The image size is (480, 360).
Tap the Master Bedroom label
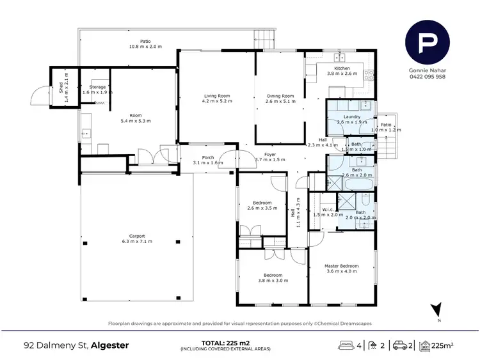340,266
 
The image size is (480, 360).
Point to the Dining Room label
280,96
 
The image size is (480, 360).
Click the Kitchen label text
342,68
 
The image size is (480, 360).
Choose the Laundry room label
351,117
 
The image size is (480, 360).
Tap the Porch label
208,158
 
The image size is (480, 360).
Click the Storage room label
97,86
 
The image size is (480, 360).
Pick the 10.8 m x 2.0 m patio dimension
146,47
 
